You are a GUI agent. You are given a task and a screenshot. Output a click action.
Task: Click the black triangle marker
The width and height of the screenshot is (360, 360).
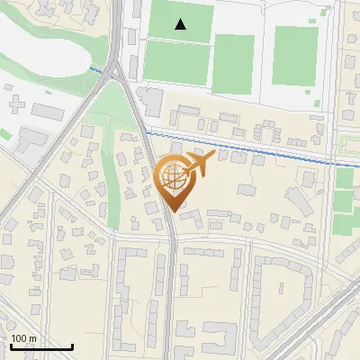click(x=181, y=24)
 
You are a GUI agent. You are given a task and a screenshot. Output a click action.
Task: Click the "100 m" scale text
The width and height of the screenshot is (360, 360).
click(x=24, y=337)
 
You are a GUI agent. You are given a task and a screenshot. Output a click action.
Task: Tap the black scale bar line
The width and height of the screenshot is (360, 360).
click(x=41, y=346)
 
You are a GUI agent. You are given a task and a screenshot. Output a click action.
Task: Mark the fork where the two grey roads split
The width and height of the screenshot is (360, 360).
click(x=115, y=74)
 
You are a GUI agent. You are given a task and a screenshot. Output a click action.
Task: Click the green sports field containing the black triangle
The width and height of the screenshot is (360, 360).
click(x=180, y=20)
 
